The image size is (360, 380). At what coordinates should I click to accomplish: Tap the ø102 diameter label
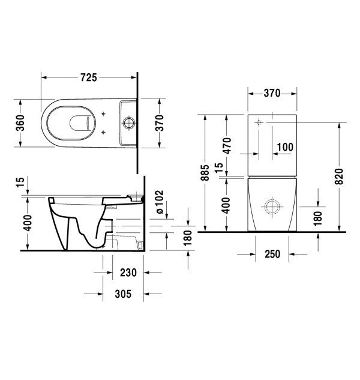160,202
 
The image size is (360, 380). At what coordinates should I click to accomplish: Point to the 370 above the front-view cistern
272,93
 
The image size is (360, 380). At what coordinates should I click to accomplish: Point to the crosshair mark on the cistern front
259,122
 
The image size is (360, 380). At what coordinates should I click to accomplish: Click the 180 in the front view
318,217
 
